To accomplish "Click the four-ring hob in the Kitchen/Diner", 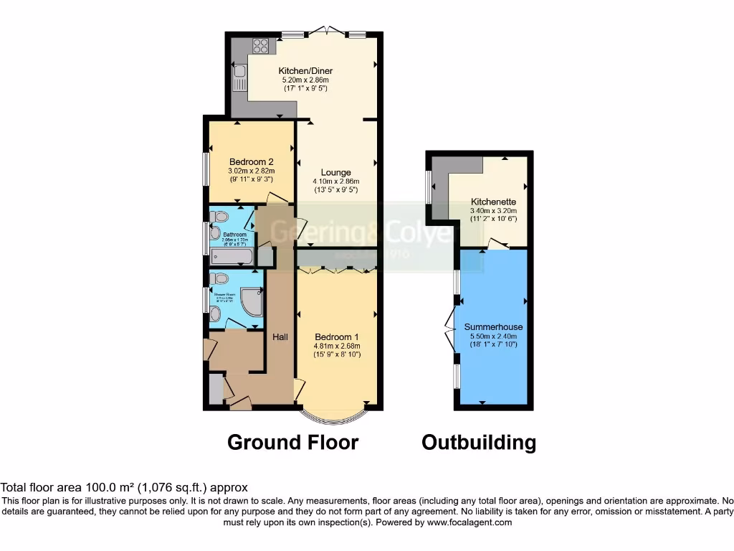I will click(260, 47).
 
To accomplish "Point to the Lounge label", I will click(335, 172).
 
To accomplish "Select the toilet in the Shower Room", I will click(219, 278).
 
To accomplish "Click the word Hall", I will click(280, 336).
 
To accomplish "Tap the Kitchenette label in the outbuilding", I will click(493, 202).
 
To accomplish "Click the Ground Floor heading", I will click(292, 442).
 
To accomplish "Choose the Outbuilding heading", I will click(478, 442).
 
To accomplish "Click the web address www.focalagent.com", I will click(470, 523).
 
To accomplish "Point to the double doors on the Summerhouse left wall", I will click(450, 328).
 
